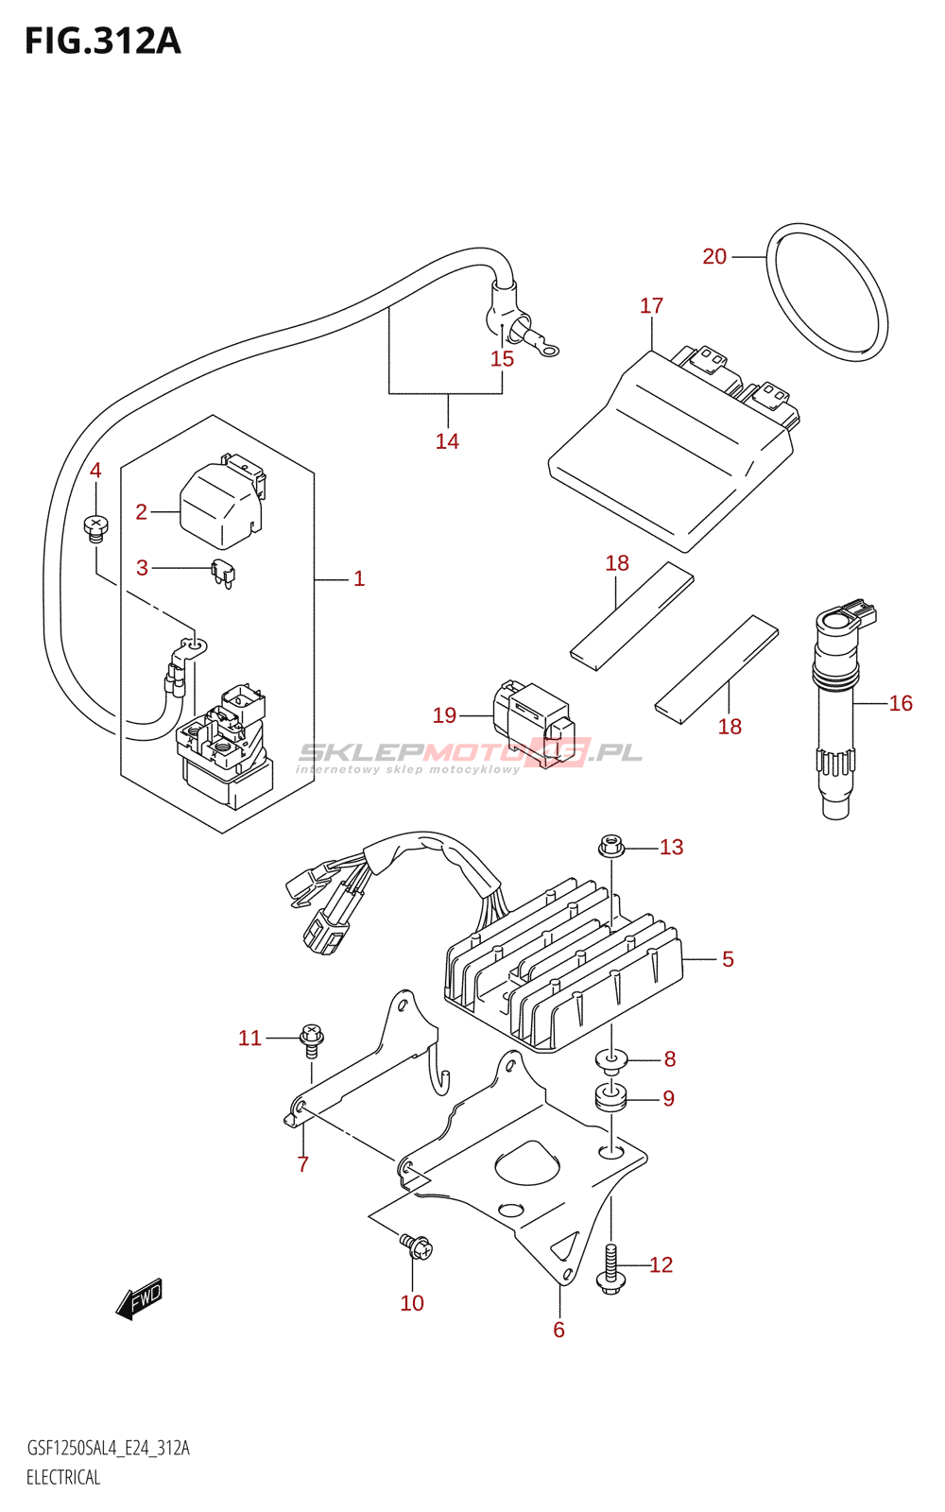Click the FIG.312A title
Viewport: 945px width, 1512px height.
[x=103, y=42]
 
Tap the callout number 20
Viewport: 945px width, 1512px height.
[x=714, y=256]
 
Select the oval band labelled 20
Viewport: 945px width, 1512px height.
[x=827, y=292]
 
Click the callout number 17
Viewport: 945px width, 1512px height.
[x=651, y=305]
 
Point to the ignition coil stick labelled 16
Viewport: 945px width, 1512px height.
[x=840, y=708]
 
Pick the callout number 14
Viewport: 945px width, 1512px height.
[x=447, y=440]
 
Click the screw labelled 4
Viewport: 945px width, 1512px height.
[x=95, y=527]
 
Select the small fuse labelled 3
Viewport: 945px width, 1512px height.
[x=223, y=575]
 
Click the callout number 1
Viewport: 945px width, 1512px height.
[x=359, y=578]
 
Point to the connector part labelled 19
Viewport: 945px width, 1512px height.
[x=533, y=723]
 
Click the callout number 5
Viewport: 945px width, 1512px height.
[x=727, y=959]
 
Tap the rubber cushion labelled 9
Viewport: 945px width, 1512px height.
[x=610, y=1097]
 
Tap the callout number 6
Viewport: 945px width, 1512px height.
[x=558, y=1330]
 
